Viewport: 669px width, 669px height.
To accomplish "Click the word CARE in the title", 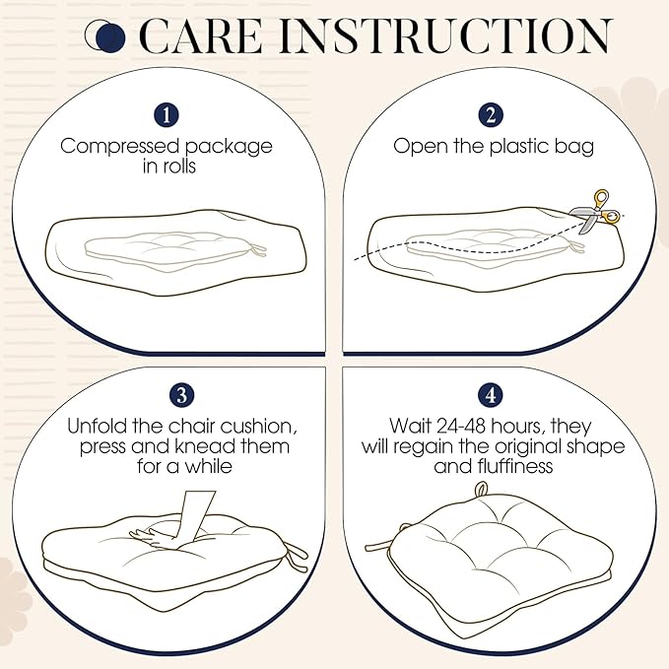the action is pos(200,36).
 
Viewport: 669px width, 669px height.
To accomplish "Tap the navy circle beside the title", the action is pos(110,37).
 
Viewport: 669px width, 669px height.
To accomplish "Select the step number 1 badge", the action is pos(167,115).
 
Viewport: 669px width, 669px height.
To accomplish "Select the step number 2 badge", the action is pos(491,115).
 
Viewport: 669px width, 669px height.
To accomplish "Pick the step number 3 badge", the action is pos(181,395).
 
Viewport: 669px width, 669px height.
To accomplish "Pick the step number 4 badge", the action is pos(491,395).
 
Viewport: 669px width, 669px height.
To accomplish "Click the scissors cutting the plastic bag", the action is pos(595,212).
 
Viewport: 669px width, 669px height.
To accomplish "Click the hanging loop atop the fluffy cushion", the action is pos(482,490).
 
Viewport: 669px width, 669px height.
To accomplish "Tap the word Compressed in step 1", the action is pos(119,147).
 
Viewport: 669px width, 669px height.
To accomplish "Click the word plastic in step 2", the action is pos(519,146).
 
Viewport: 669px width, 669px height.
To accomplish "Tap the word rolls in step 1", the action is pos(178,166).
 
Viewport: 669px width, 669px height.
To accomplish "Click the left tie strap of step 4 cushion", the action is pos(382,544).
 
